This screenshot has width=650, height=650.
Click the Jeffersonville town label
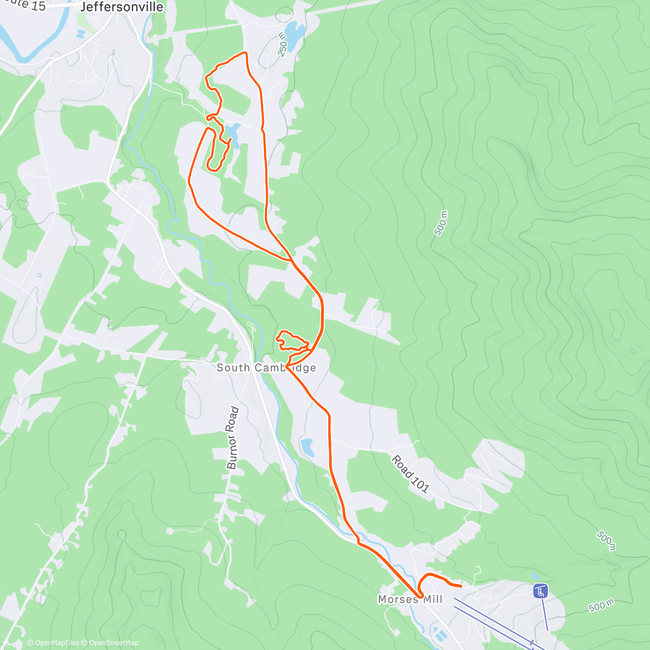(x=121, y=7)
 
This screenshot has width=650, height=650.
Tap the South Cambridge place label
(x=266, y=368)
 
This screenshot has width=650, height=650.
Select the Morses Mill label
(x=410, y=599)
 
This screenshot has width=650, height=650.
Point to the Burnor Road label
(x=232, y=438)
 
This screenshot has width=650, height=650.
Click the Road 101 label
(x=411, y=474)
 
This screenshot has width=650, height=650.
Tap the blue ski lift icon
(x=540, y=591)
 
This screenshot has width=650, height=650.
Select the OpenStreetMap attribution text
(x=113, y=643)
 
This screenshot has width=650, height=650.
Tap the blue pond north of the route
(x=293, y=35)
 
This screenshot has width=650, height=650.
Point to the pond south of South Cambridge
(x=307, y=447)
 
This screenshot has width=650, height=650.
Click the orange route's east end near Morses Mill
(x=460, y=586)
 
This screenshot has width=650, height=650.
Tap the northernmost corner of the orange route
(x=245, y=53)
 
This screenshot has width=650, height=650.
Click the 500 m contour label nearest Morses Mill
(x=600, y=606)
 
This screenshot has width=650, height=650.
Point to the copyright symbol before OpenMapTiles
(x=30, y=643)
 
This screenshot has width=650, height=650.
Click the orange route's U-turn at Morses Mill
(x=420, y=596)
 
